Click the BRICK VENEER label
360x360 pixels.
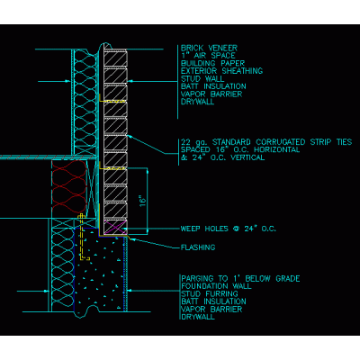(209, 48)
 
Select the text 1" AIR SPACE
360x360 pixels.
(208, 56)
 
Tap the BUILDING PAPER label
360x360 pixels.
(212, 63)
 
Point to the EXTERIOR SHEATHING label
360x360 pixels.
(221, 71)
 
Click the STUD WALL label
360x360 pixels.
(202, 79)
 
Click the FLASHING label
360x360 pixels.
(198, 247)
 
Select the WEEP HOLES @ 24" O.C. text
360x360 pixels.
(228, 229)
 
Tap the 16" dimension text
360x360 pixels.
(143, 201)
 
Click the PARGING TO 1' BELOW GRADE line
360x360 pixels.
(240, 279)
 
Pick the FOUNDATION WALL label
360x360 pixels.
(216, 286)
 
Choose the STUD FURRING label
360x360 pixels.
(210, 294)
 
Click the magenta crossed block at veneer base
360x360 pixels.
(115, 227)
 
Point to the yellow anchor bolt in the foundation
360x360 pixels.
(82, 237)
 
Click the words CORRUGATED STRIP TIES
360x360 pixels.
(303, 142)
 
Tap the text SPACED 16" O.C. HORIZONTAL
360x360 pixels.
(240, 149)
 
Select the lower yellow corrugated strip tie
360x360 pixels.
(112, 169)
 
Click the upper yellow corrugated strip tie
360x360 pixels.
(112, 102)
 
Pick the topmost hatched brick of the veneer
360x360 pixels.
(115, 58)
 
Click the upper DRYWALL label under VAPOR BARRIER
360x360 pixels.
(198, 102)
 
